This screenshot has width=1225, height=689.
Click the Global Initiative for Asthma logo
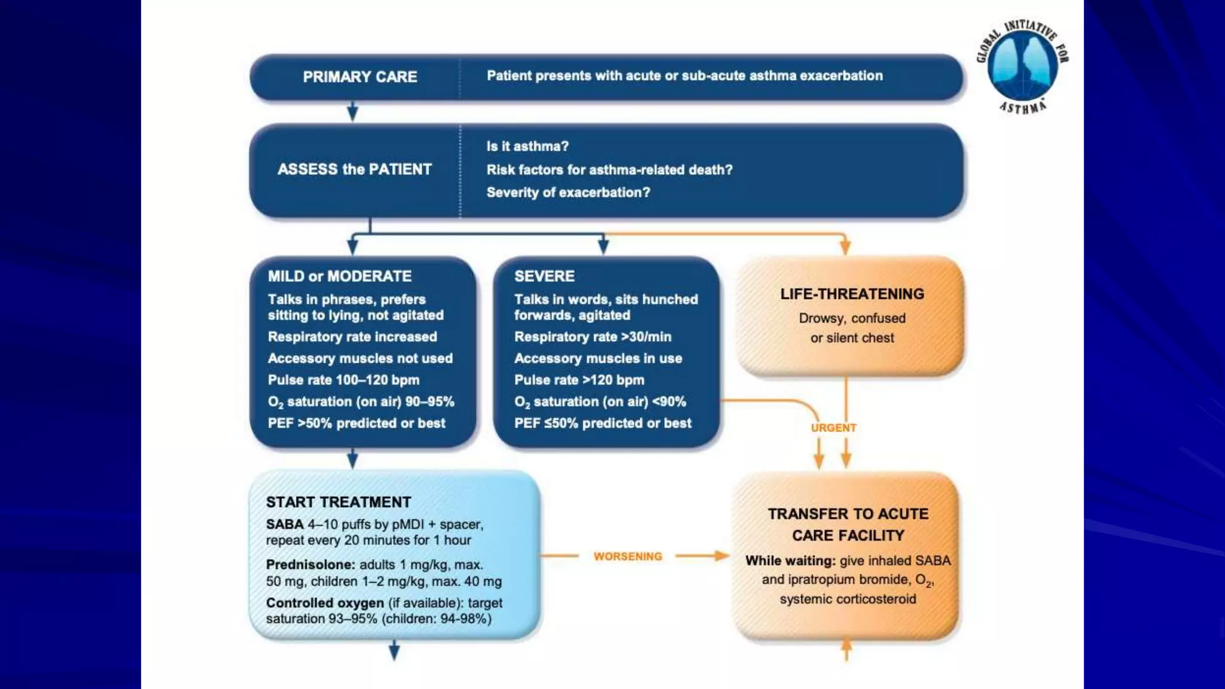(x=1022, y=66)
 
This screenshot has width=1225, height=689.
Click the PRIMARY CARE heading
(x=359, y=77)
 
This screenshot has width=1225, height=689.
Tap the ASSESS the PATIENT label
(x=354, y=169)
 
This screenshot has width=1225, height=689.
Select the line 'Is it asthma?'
(x=527, y=147)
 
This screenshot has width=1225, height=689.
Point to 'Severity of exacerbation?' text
(x=568, y=193)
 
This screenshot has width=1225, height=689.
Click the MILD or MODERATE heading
(x=339, y=276)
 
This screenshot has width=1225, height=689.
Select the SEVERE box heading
(x=544, y=276)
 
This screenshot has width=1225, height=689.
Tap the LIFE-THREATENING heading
(x=852, y=294)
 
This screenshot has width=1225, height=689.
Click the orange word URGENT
(x=833, y=428)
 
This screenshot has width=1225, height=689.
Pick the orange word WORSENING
(x=627, y=557)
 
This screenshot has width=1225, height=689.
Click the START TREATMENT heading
(x=339, y=502)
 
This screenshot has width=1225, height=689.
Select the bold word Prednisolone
(x=310, y=565)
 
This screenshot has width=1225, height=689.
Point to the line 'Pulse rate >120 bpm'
(x=578, y=380)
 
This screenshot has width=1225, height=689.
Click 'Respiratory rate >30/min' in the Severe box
(x=592, y=337)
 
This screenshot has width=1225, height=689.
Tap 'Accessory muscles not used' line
(x=359, y=359)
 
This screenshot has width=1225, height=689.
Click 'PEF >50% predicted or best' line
(x=356, y=423)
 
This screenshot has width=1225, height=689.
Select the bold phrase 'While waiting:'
(x=790, y=561)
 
